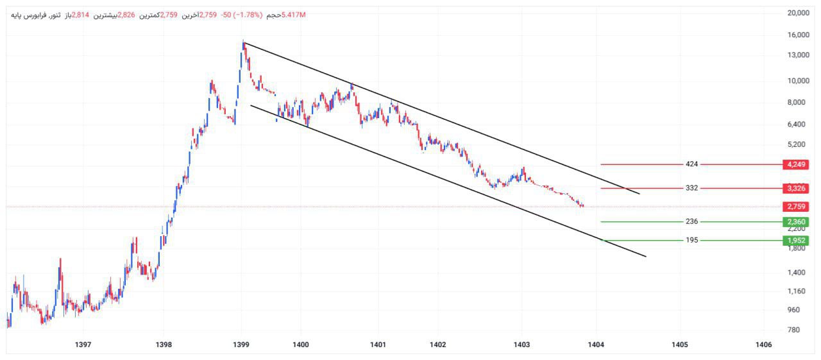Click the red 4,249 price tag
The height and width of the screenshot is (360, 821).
click(795, 164)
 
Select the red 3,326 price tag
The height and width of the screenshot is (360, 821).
click(795, 188)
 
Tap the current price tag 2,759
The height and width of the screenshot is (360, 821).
click(795, 207)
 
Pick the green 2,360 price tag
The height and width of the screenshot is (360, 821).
click(795, 222)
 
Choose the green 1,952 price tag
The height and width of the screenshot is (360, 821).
click(795, 241)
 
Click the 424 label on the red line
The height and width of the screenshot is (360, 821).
click(691, 164)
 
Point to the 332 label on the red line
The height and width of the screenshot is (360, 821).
click(691, 188)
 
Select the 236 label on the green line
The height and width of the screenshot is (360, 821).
click(691, 222)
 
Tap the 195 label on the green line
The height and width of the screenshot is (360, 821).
click(691, 241)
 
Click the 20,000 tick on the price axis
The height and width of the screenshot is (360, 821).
click(797, 13)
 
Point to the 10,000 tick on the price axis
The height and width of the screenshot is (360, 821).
click(797, 80)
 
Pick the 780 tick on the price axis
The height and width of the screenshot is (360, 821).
click(793, 330)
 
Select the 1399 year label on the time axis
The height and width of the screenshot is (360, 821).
click(241, 345)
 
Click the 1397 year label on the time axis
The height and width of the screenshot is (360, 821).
click(83, 345)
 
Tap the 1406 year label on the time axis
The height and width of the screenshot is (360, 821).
click(763, 345)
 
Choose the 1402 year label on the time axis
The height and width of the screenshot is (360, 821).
click(438, 345)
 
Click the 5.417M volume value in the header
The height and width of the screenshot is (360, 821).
click(294, 14)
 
